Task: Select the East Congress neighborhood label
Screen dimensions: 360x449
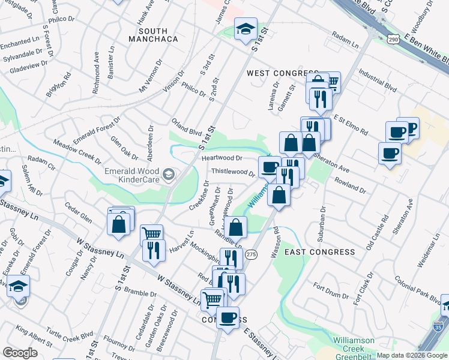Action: [x=319, y=251]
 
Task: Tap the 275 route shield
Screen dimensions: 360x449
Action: [x=252, y=254]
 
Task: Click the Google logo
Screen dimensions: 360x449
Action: [x=20, y=353]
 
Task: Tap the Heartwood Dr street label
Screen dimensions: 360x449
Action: [x=221, y=158]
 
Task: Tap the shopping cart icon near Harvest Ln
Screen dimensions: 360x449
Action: [x=151, y=234]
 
